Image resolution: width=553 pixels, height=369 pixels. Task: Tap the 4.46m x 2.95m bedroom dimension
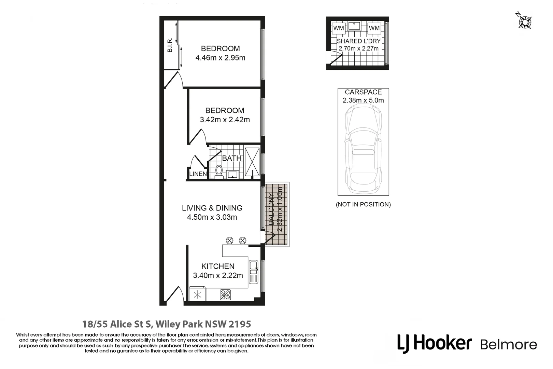[220, 58]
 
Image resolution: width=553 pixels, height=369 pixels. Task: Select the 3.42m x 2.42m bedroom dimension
[225, 120]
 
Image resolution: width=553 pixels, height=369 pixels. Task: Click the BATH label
[231, 159]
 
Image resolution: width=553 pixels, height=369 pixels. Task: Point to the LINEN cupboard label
[198, 174]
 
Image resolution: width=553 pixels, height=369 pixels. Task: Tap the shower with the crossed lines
[252, 162]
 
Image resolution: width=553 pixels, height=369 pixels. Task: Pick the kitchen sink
[253, 272]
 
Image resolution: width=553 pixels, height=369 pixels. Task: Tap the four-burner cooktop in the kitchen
[225, 295]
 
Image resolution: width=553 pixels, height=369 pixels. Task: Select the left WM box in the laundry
[339, 28]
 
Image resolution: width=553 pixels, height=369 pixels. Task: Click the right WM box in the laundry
[374, 28]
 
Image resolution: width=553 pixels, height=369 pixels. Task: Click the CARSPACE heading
[363, 92]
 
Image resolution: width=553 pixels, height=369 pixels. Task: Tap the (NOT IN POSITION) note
[363, 204]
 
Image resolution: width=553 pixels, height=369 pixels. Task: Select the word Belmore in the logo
[508, 344]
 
